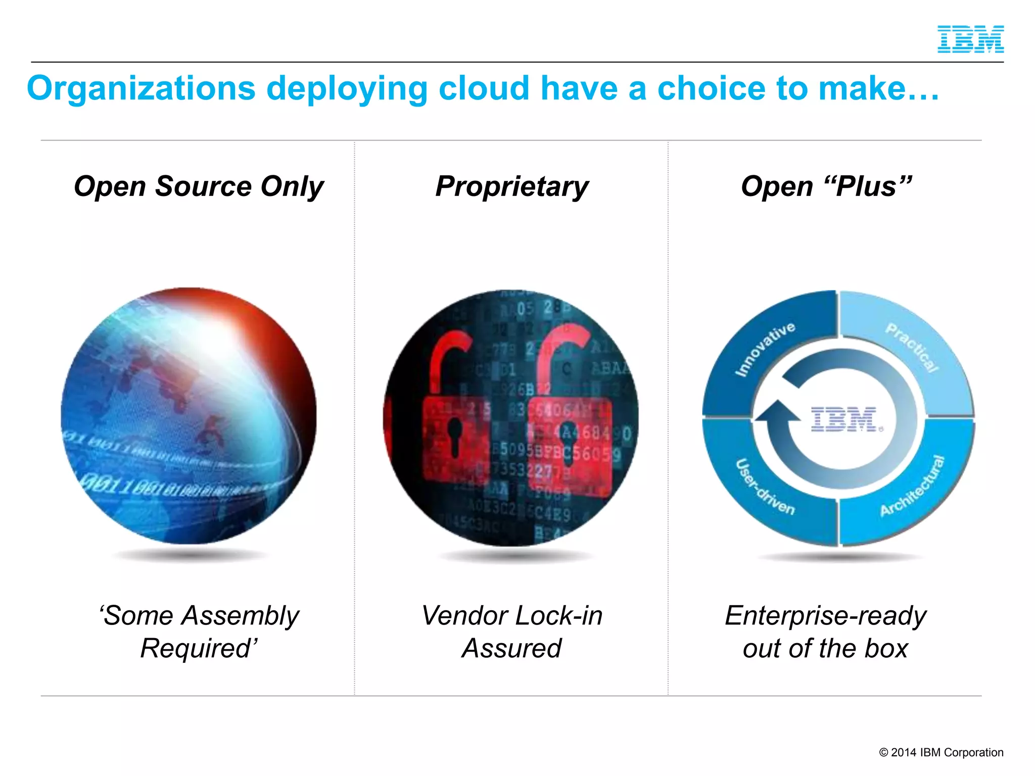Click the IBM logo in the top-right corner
970,39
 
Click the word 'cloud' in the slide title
483,88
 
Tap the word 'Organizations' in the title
141,88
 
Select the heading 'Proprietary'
511,186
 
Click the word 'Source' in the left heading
203,186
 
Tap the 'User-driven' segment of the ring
764,487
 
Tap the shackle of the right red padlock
561,354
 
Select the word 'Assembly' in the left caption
241,615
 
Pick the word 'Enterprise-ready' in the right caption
825,615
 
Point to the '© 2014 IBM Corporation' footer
941,752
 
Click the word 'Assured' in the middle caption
511,648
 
